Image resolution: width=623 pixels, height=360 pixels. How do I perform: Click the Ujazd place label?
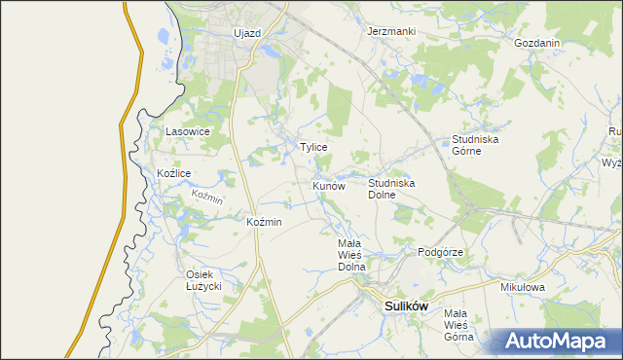[247, 33]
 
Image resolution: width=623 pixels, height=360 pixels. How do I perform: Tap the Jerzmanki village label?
[391, 31]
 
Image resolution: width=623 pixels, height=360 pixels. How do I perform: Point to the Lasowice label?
[188, 130]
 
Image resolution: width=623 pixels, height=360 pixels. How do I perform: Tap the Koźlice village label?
[173, 173]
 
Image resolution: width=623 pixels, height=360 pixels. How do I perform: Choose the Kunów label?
[329, 185]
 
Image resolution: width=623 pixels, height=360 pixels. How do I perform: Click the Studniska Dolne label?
[392, 188]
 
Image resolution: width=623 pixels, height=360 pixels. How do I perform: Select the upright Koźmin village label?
[265, 222]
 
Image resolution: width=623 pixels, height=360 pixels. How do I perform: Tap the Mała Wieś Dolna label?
[350, 254]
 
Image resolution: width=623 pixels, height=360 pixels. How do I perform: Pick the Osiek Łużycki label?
[204, 280]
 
